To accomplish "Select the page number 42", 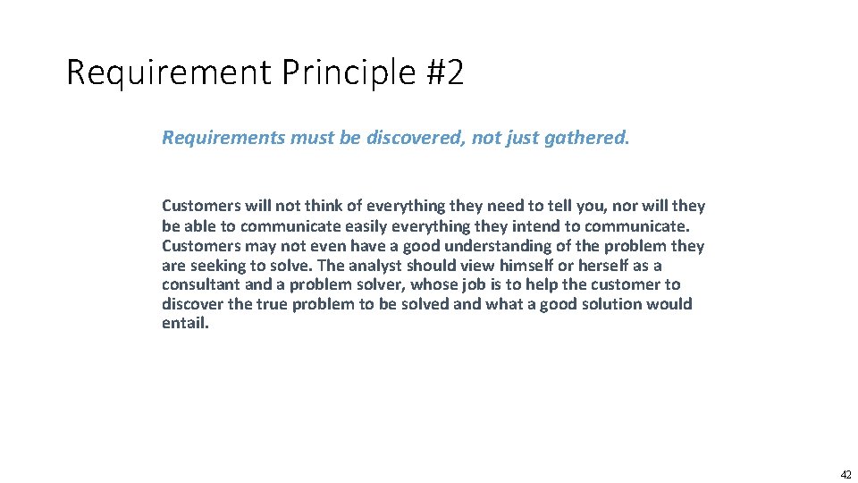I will point(845,475).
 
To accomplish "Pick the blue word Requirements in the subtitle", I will point(223,138).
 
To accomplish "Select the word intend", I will point(535,225).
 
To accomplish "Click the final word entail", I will point(185,324).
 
